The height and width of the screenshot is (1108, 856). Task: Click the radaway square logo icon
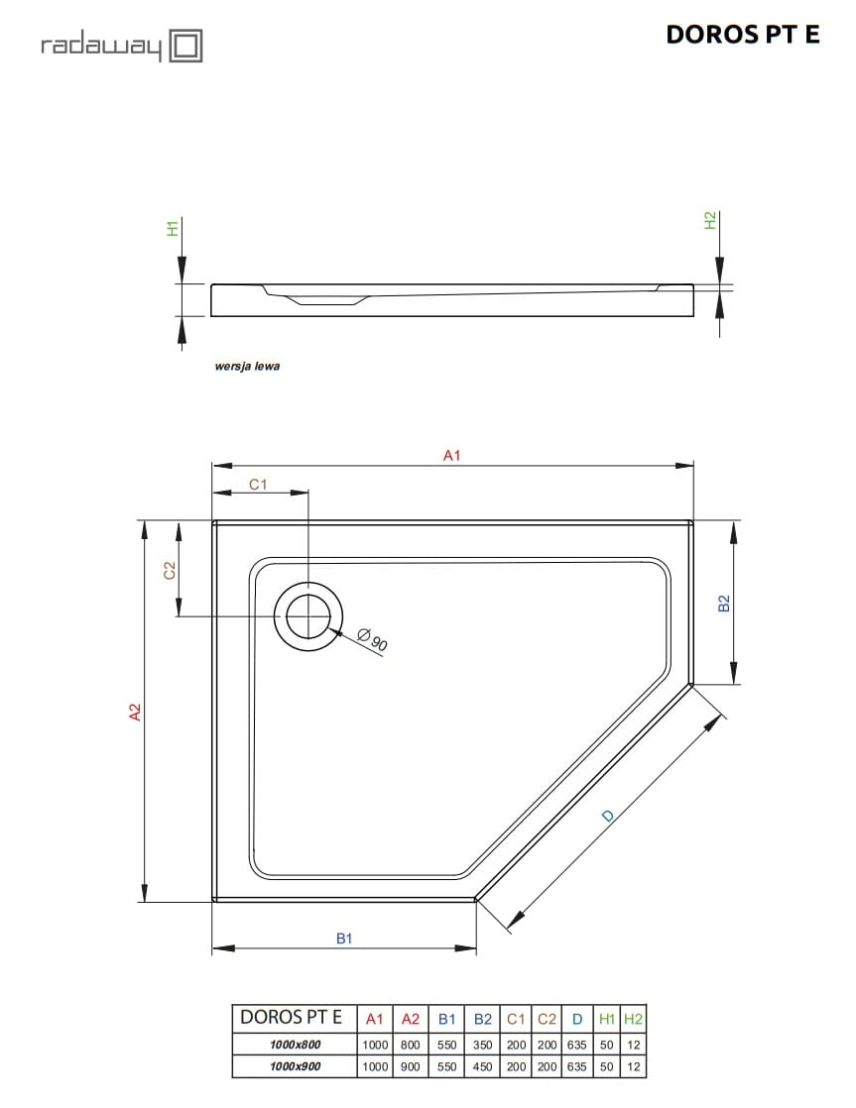pyautogui.click(x=186, y=46)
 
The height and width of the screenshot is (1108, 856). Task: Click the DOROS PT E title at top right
pyautogui.click(x=742, y=34)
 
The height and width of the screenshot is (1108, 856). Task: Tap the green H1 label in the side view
pyautogui.click(x=173, y=228)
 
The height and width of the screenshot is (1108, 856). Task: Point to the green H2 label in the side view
pyautogui.click(x=710, y=220)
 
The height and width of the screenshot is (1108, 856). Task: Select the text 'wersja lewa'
pyautogui.click(x=247, y=366)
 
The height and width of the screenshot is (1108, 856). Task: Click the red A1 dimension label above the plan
pyautogui.click(x=451, y=455)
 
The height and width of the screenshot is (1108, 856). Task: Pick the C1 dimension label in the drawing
pyautogui.click(x=258, y=484)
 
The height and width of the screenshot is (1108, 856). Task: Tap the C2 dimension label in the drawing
pyautogui.click(x=170, y=570)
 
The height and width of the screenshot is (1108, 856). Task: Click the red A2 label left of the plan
pyautogui.click(x=135, y=712)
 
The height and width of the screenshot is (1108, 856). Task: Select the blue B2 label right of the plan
pyautogui.click(x=723, y=604)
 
